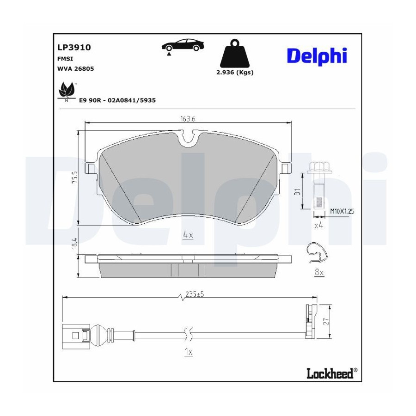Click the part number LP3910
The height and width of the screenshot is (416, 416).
(74, 48)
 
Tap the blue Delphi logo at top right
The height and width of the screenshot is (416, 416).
(317, 56)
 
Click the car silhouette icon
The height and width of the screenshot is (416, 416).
(183, 46)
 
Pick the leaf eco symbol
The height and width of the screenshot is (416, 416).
(67, 91)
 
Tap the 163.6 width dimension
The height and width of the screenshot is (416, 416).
(188, 119)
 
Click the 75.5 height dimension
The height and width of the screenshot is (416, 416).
(75, 177)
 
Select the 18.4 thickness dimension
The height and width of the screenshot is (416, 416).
(75, 243)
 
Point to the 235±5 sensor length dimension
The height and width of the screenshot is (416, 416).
(195, 294)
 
